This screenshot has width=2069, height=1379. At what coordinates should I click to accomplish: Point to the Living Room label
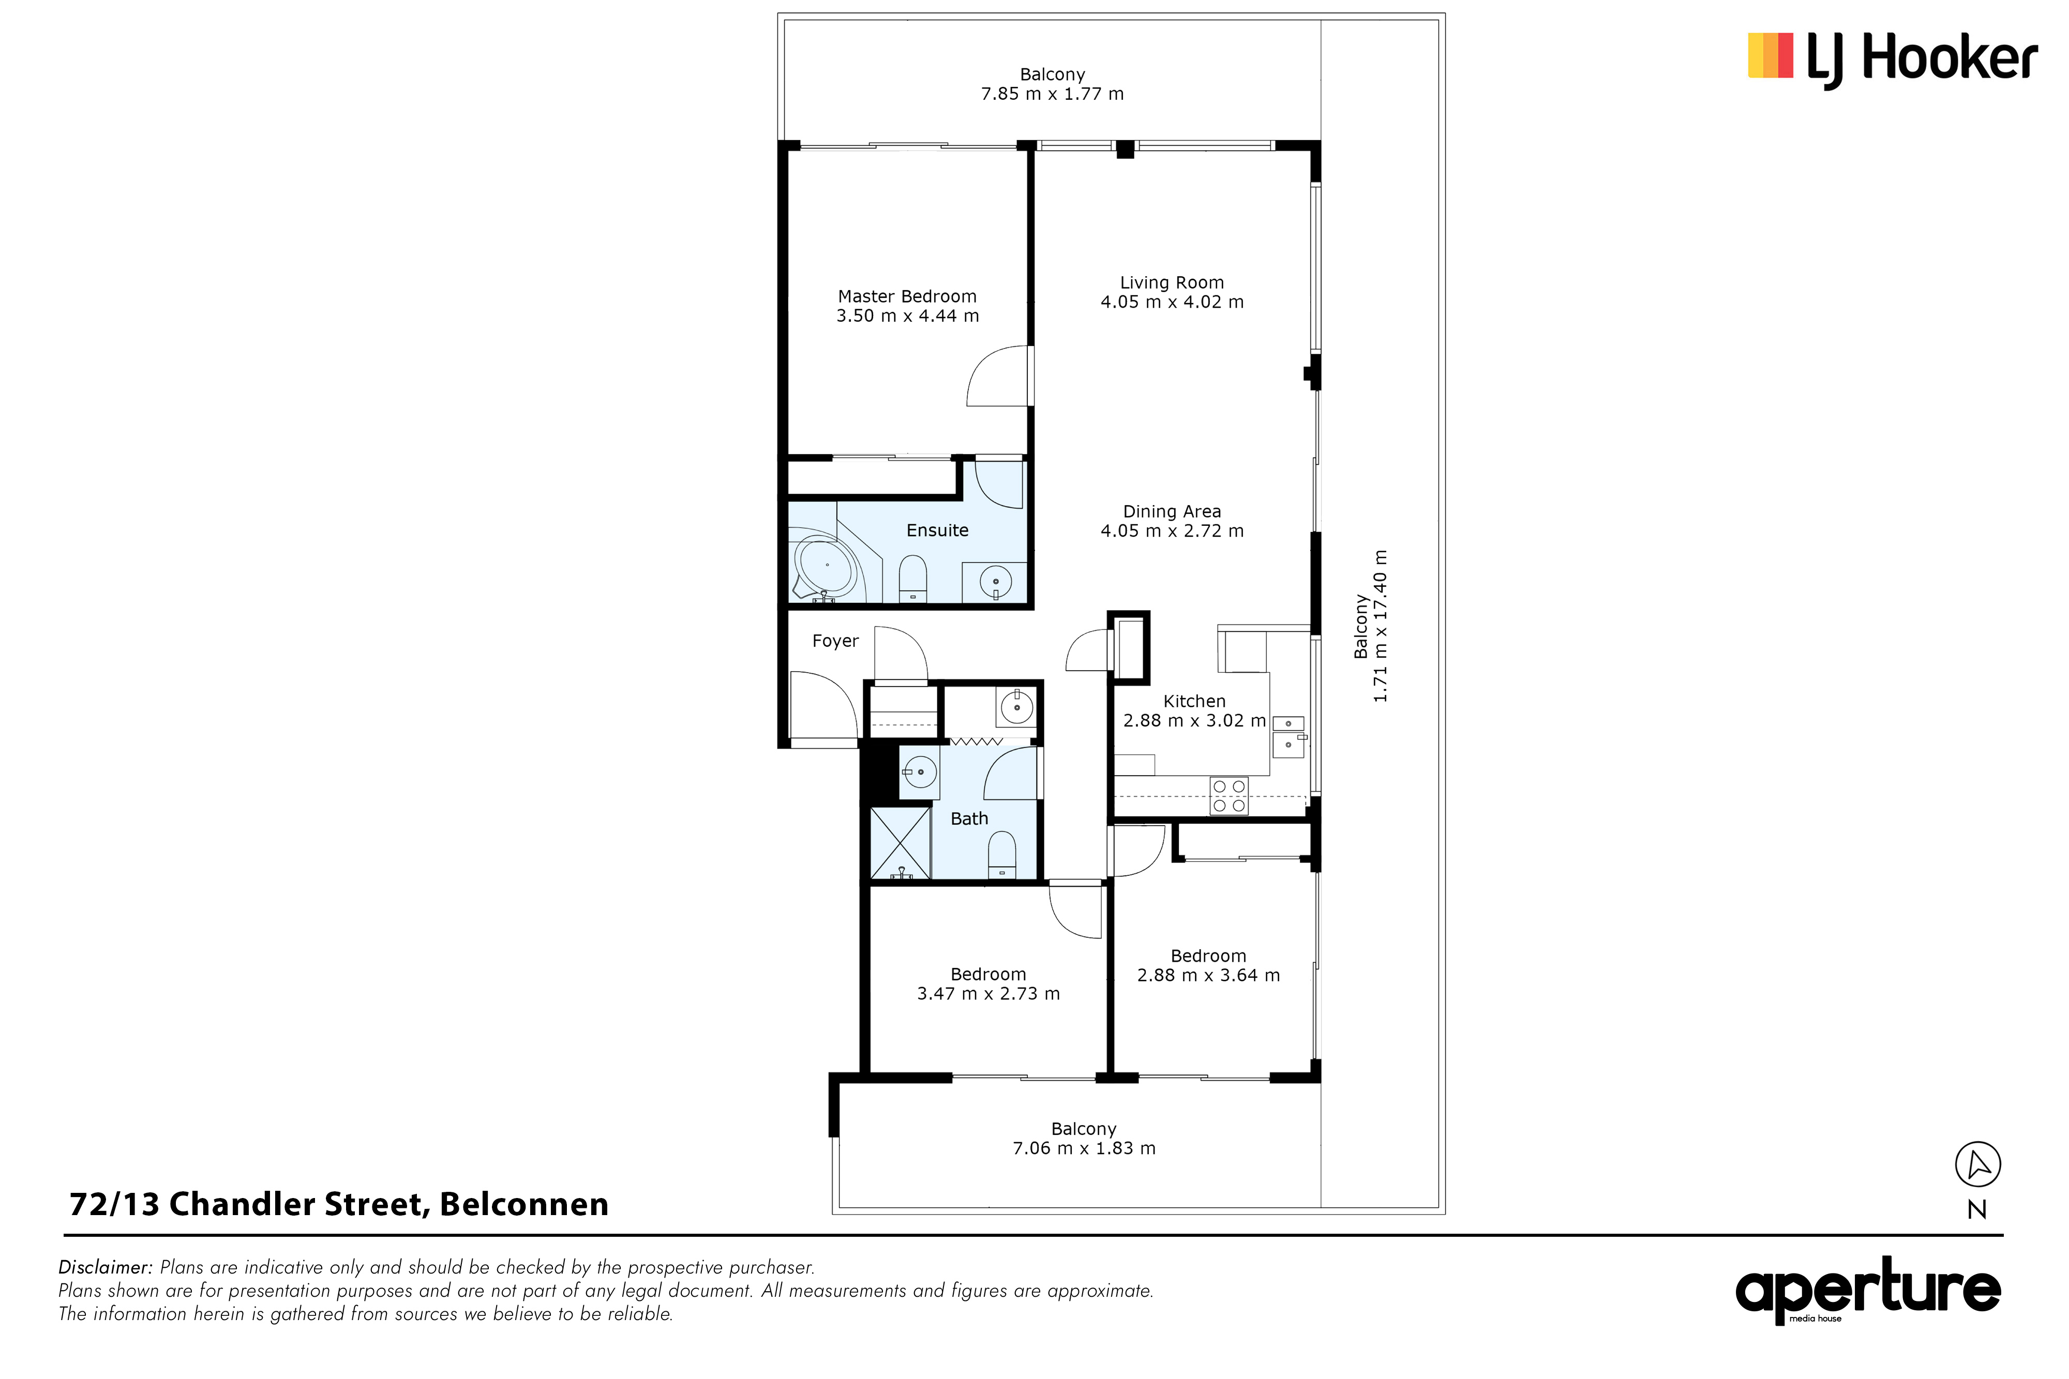(1172, 282)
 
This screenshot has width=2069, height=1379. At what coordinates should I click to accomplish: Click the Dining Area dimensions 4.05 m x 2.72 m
(1172, 531)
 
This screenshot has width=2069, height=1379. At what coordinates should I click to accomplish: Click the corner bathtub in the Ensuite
(824, 566)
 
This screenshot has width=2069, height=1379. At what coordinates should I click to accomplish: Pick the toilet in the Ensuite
(913, 579)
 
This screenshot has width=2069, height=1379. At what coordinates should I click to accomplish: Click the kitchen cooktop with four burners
(1229, 796)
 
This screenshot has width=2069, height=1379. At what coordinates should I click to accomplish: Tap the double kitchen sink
(1288, 737)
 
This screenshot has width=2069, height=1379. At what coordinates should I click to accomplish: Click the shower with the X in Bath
(900, 842)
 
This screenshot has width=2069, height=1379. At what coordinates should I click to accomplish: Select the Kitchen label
(1194, 701)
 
